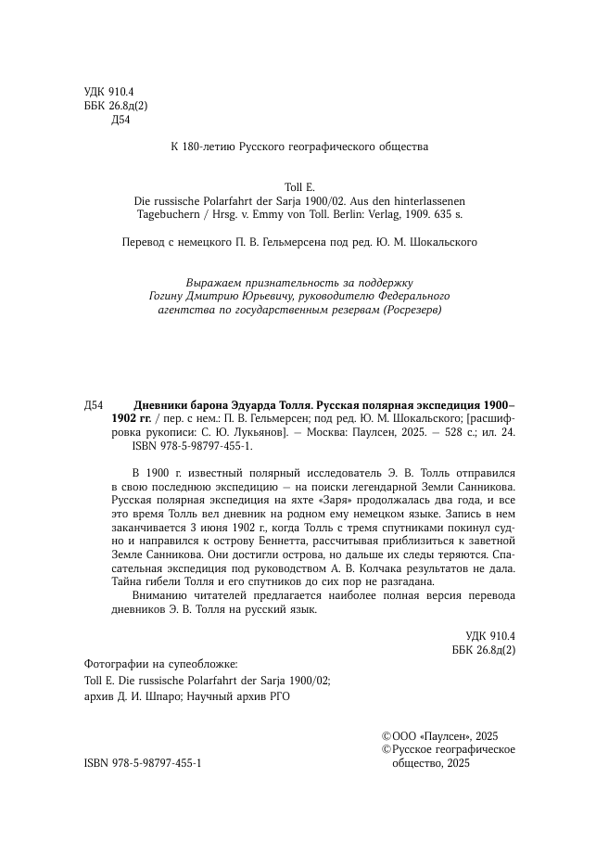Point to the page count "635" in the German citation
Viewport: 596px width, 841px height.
[x=437, y=214]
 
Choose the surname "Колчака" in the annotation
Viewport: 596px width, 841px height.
[x=401, y=567]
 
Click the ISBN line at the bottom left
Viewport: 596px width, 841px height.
[x=143, y=762]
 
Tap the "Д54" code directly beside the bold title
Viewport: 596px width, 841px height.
[x=94, y=405]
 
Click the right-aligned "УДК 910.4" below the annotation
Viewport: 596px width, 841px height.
[x=490, y=634]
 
